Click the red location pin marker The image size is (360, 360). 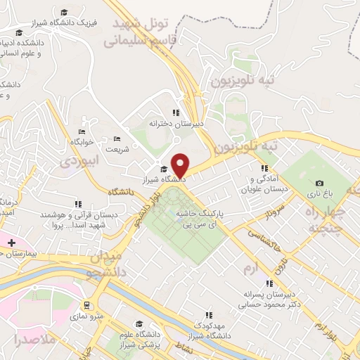coord(181,165)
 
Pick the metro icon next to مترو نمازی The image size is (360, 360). coord(86,305)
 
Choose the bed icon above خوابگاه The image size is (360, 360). coord(82,131)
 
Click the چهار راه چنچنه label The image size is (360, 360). coord(330,210)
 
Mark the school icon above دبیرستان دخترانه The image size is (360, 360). coord(176,112)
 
